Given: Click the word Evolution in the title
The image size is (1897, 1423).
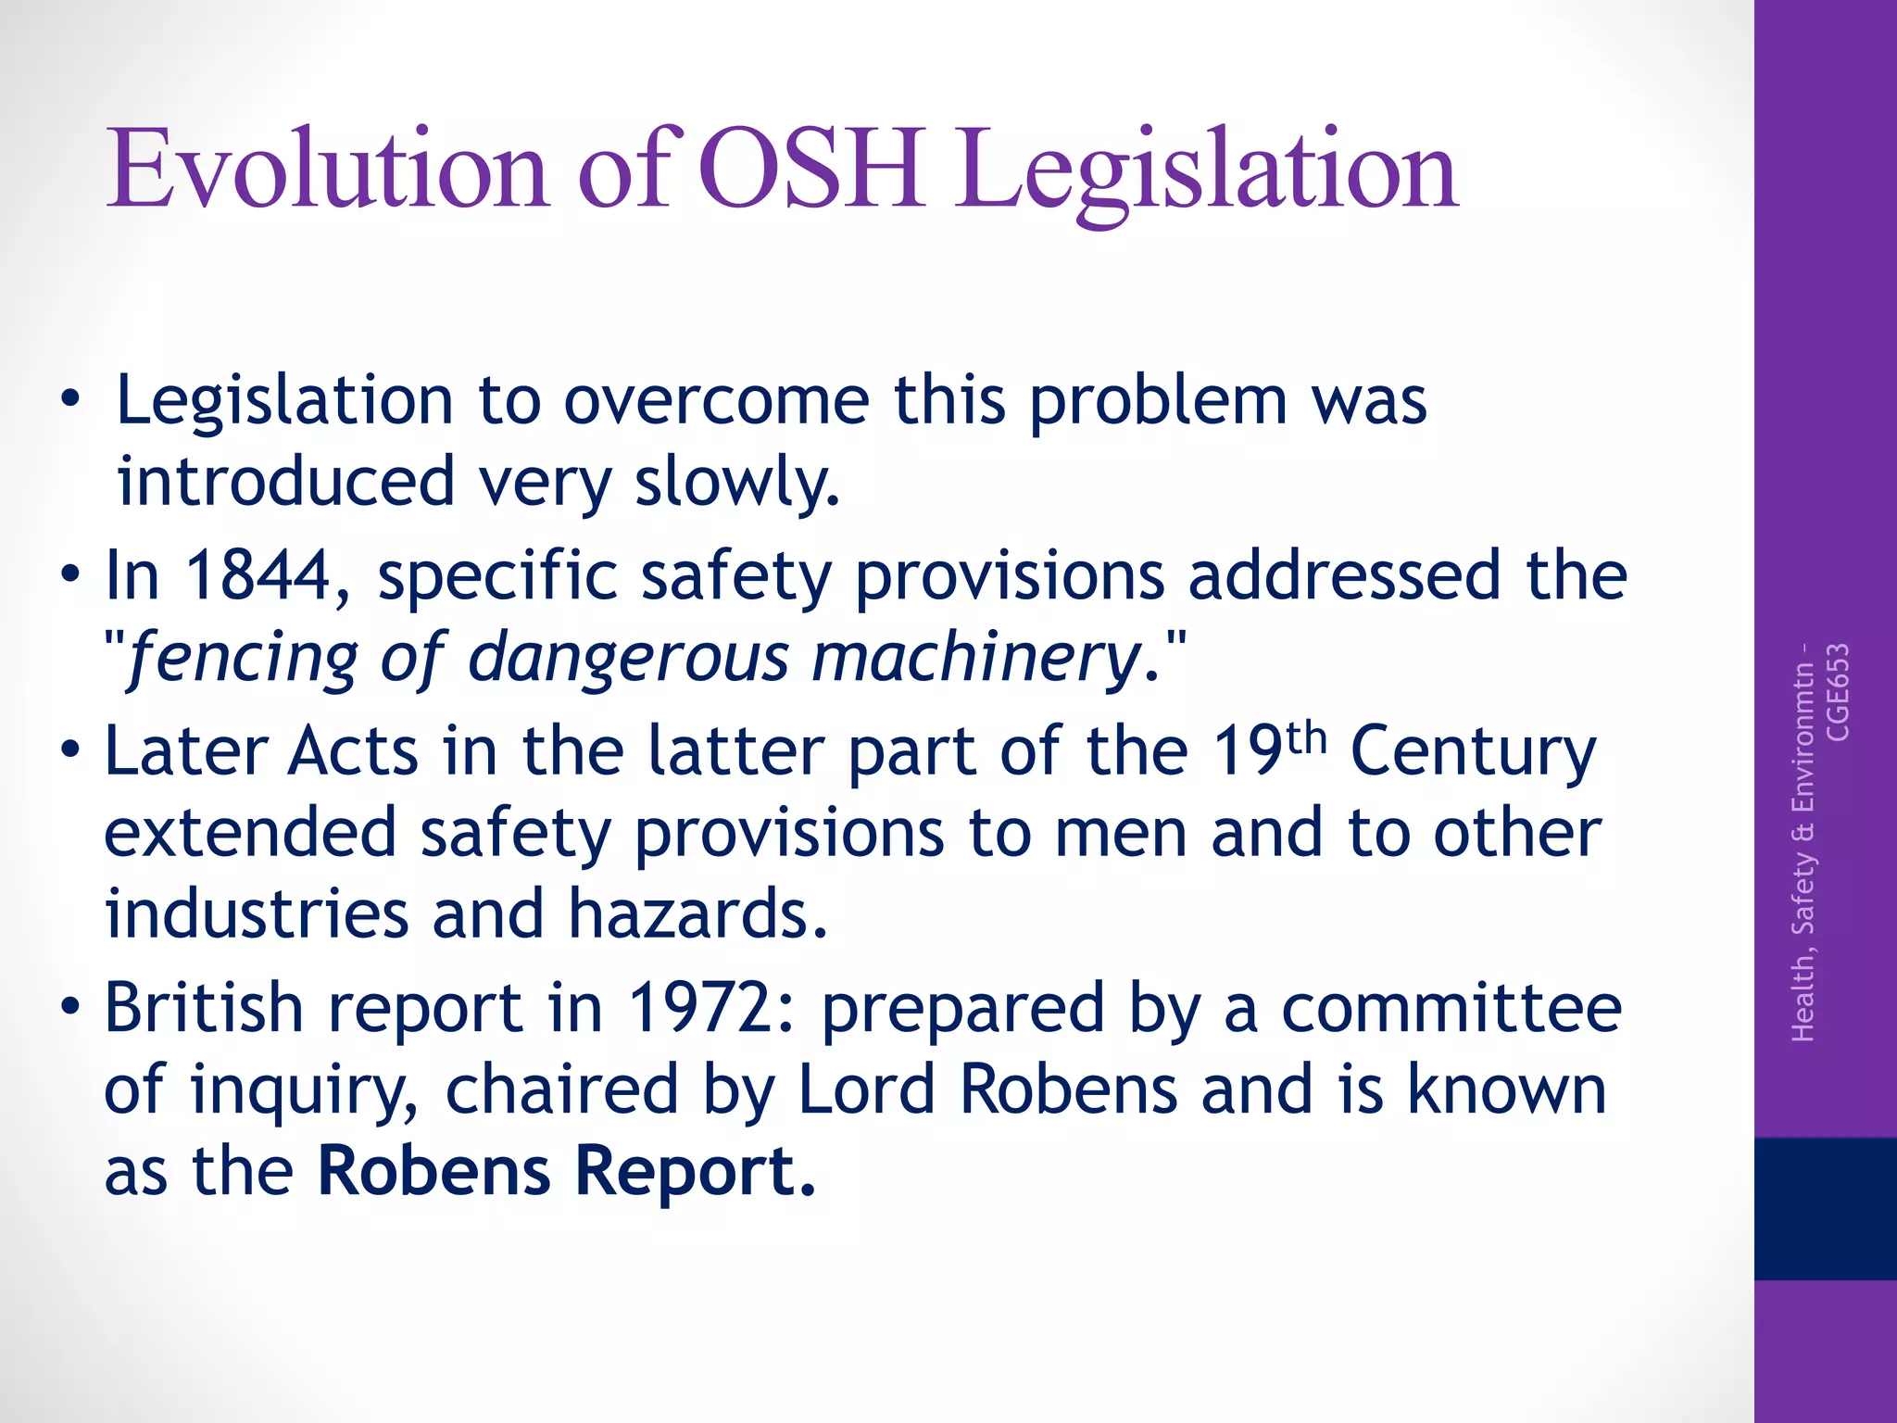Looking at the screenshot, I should tap(329, 170).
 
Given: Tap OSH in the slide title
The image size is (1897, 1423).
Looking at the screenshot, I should tap(810, 170).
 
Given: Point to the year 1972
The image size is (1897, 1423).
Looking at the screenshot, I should tap(710, 1008).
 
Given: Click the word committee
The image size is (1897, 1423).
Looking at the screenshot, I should tap(1451, 1008).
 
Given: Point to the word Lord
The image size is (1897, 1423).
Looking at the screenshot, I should tap(865, 1089).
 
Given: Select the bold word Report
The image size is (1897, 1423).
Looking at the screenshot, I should tap(694, 1171).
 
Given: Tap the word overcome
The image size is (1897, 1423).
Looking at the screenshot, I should tap(717, 402).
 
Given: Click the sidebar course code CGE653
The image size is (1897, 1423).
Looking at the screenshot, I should tap(1837, 691).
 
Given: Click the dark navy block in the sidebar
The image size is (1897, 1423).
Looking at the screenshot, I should tap(1825, 1208).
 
